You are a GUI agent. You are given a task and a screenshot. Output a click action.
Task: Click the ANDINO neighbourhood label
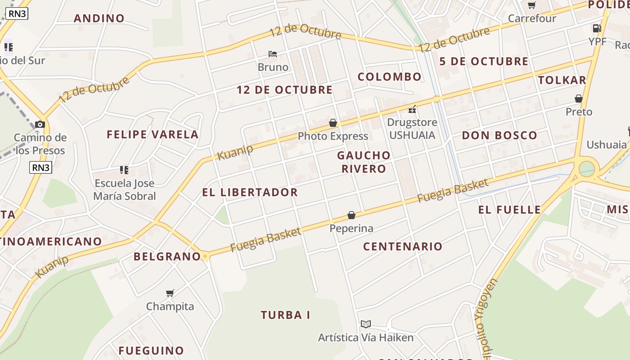click(99, 18)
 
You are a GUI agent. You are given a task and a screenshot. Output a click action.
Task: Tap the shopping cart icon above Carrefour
click(531, 5)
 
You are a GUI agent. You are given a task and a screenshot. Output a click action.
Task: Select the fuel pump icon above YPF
click(597, 28)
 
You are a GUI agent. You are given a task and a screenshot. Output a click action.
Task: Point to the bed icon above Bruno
click(273, 54)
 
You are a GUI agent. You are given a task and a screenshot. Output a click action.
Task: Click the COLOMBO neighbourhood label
click(389, 77)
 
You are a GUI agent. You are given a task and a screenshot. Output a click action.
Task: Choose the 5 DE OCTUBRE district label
click(484, 62)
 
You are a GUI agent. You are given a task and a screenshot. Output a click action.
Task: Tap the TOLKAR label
click(562, 81)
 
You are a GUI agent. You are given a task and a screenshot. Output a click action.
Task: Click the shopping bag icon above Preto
click(579, 99)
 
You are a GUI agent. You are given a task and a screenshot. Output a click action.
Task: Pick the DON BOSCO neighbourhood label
click(499, 135)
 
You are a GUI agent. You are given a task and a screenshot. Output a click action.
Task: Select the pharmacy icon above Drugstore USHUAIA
click(412, 109)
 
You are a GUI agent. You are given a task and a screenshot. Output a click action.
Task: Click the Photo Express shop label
click(333, 136)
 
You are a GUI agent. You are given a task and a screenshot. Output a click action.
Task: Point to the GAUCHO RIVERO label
click(364, 162)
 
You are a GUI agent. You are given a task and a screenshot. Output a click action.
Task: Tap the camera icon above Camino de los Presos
click(40, 124)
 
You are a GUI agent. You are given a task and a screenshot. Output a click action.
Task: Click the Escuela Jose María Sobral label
click(125, 190)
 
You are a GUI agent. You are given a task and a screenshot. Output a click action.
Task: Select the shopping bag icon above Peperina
click(351, 216)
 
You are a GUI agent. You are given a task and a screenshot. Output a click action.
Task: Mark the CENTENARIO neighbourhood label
click(403, 247)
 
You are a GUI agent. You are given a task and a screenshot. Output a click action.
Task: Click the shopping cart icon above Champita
click(170, 293)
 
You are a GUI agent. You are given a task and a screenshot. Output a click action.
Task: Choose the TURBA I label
click(285, 315)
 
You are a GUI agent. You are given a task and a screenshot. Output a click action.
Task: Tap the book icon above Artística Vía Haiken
click(366, 324)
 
